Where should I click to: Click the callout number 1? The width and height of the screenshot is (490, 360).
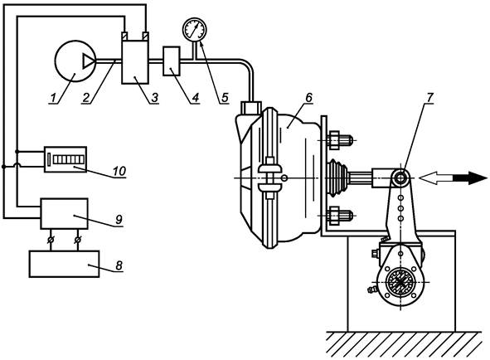(x=53, y=98)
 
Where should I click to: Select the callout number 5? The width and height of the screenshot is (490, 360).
(x=225, y=98)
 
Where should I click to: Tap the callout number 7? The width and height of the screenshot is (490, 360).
(x=429, y=98)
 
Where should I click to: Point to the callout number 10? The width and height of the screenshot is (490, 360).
(x=119, y=171)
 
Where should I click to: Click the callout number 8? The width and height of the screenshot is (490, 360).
(x=119, y=265)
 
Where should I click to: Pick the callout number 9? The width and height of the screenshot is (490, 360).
(x=119, y=219)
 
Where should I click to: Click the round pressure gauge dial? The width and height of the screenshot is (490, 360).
(x=194, y=29)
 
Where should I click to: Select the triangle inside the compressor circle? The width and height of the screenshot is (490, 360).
(x=88, y=61)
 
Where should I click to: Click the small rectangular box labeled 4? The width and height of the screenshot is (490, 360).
(x=172, y=61)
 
